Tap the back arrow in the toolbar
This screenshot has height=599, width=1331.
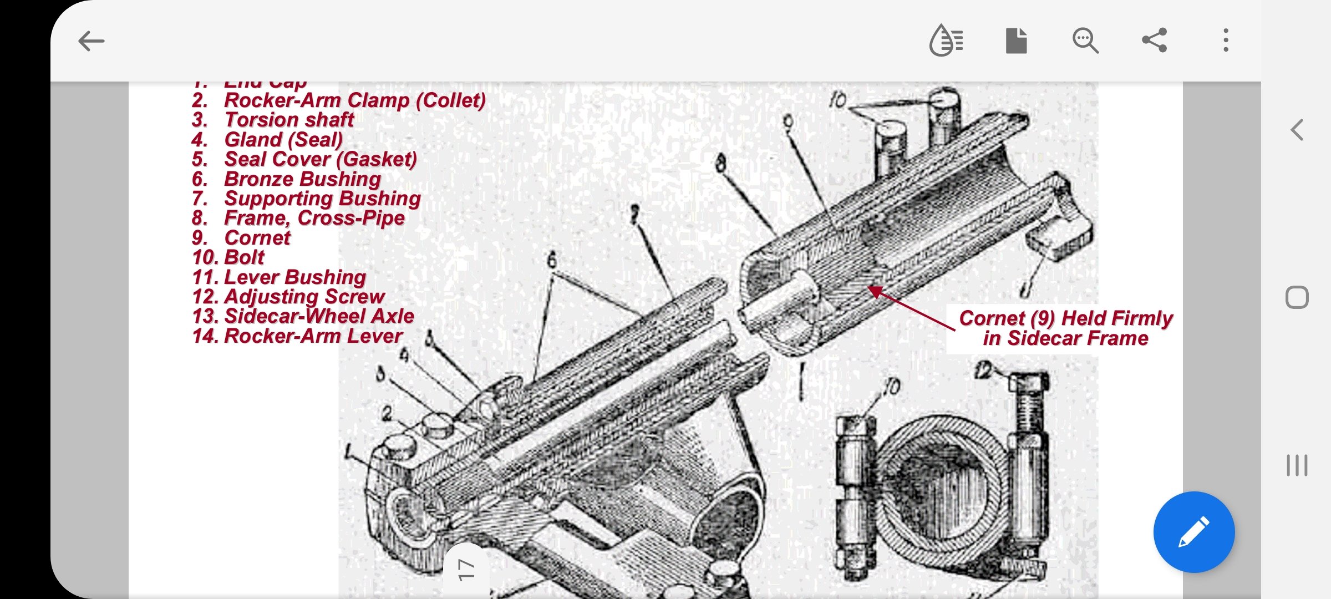pyautogui.click(x=92, y=41)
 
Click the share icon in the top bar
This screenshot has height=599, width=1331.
pyautogui.click(x=1155, y=40)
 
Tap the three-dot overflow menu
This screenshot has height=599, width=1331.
pyautogui.click(x=1226, y=40)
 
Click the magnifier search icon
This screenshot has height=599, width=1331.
pyautogui.click(x=1085, y=40)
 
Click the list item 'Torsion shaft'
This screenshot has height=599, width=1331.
pyautogui.click(x=288, y=120)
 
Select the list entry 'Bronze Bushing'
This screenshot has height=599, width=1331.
pyautogui.click(x=302, y=179)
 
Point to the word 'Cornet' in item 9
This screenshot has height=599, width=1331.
pyautogui.click(x=257, y=238)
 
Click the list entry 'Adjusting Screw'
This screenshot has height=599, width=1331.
pyautogui.click(x=304, y=297)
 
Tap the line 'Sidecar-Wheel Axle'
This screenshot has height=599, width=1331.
pyautogui.click(x=319, y=316)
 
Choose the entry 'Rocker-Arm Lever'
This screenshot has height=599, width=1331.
pyautogui.click(x=313, y=336)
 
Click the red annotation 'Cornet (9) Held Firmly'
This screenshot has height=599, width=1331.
pyautogui.click(x=1065, y=319)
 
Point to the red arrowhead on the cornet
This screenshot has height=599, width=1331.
pyautogui.click(x=874, y=290)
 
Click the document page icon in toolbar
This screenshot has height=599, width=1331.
pyautogui.click(x=1016, y=40)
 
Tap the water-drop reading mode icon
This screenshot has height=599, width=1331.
pyautogui.click(x=946, y=40)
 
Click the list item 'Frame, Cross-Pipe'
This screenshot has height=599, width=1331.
pyautogui.click(x=314, y=219)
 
